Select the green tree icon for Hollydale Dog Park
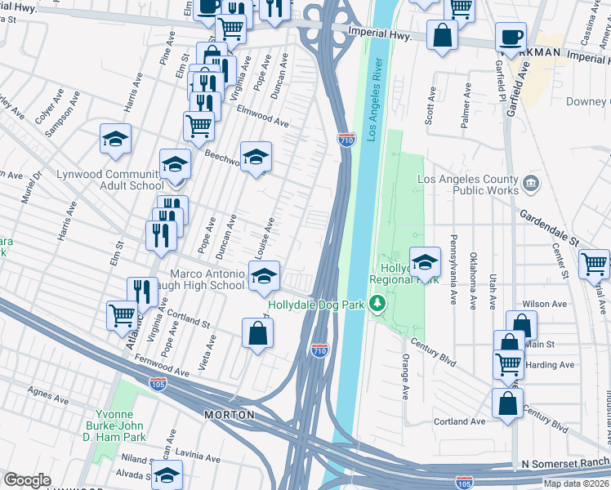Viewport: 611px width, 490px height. [x=377, y=305]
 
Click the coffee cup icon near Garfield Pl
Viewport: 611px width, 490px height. [x=511, y=38]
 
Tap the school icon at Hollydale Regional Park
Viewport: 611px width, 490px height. [x=425, y=262]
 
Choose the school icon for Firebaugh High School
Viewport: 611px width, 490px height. [x=264, y=277]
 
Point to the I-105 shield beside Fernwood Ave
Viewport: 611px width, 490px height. [x=155, y=382]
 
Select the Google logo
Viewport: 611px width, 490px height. [x=26, y=480]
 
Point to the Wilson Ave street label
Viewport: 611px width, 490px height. [x=547, y=304]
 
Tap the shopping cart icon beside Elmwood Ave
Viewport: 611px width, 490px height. [x=198, y=126]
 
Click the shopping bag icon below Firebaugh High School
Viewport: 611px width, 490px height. [x=257, y=333]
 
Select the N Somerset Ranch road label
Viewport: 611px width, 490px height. [x=563, y=463]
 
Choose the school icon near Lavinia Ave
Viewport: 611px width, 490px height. [x=167, y=474]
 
